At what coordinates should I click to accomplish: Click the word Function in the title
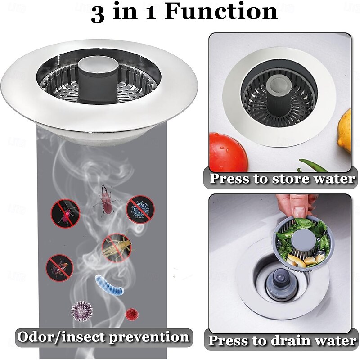pos(221,12)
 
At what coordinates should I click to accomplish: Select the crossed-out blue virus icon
pos(140,208)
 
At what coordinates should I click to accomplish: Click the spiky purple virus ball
pos(81,310)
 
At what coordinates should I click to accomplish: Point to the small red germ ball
pos(130,313)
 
